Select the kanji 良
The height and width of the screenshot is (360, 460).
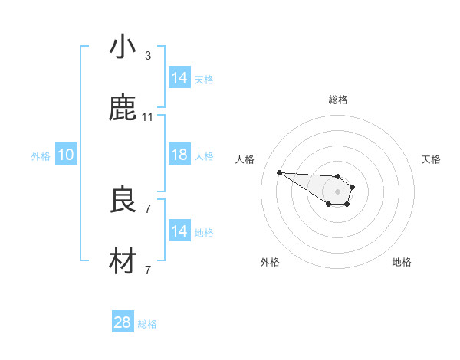click(x=123, y=201)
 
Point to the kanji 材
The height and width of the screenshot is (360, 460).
click(x=123, y=263)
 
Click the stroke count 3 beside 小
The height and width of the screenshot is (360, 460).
click(x=147, y=56)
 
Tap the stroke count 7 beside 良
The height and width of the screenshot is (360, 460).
click(x=147, y=208)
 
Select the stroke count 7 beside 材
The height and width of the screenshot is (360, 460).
click(x=147, y=270)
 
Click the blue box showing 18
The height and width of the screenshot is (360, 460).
click(x=179, y=155)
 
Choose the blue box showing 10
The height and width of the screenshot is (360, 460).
click(x=66, y=155)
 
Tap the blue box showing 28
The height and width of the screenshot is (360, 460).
click(x=123, y=322)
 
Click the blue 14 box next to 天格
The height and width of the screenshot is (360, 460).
click(x=179, y=78)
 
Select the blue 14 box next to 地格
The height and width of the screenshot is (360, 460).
click(x=179, y=231)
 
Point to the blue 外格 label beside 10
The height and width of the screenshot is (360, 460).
click(x=41, y=155)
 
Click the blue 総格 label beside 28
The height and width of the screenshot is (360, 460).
click(x=147, y=324)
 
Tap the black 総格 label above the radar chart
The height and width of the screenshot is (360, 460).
click(x=337, y=100)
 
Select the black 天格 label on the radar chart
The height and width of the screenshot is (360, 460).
click(x=431, y=159)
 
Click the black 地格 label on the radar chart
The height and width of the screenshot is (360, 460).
click(x=402, y=262)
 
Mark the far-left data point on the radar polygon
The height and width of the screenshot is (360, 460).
click(x=279, y=172)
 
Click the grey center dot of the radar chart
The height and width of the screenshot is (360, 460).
click(x=337, y=191)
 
